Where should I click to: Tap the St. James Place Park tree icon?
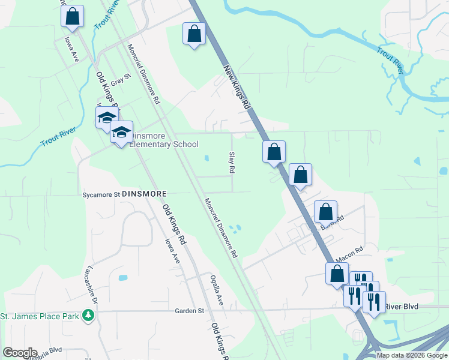(x=88, y=314)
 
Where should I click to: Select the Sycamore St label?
(x=101, y=194)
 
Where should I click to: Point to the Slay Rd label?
(x=231, y=162)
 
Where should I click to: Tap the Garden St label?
(x=190, y=311)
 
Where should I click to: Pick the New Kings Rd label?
(x=237, y=87)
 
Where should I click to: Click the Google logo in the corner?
(x=20, y=353)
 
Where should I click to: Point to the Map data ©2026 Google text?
(x=412, y=355)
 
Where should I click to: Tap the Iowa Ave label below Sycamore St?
(x=173, y=250)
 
